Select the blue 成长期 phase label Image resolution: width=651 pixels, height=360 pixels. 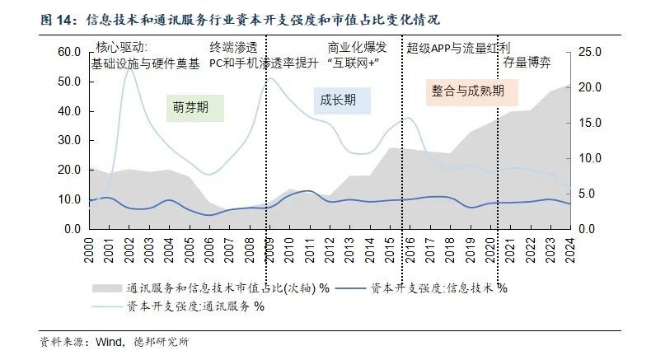pos(338,100)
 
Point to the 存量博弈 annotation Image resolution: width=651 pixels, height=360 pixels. pos(527,62)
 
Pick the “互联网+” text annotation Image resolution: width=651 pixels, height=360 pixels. pos(352,63)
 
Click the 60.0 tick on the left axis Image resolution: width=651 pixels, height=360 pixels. pos(68,52)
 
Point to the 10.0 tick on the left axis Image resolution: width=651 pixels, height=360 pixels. pos(68,199)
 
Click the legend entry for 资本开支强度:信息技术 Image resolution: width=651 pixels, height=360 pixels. pos(437,288)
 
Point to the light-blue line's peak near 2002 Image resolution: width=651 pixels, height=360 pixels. pos(129,66)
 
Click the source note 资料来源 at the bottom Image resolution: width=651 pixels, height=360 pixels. pos(107,341)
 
